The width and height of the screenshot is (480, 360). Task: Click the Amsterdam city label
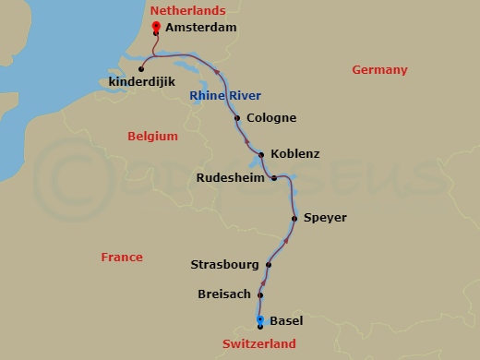201,28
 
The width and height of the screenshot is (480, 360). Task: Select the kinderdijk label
139,81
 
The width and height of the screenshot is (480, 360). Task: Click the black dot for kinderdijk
141,67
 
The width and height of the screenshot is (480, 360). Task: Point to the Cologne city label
271,118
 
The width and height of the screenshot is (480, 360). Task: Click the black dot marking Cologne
237,118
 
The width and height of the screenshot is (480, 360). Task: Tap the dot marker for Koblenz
262,155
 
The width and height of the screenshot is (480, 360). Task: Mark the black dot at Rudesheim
274,177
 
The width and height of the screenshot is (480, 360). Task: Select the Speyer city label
325,218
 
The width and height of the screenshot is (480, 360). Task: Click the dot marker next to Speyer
294,218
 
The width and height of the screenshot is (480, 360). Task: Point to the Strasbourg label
224,265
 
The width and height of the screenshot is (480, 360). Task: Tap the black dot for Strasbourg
269,265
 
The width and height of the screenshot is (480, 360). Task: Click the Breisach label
223,295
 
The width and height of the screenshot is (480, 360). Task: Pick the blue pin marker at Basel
260,319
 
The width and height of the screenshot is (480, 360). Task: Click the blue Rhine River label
225,96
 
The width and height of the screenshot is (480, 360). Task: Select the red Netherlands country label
186,10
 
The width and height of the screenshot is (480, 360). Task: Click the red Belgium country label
152,137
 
